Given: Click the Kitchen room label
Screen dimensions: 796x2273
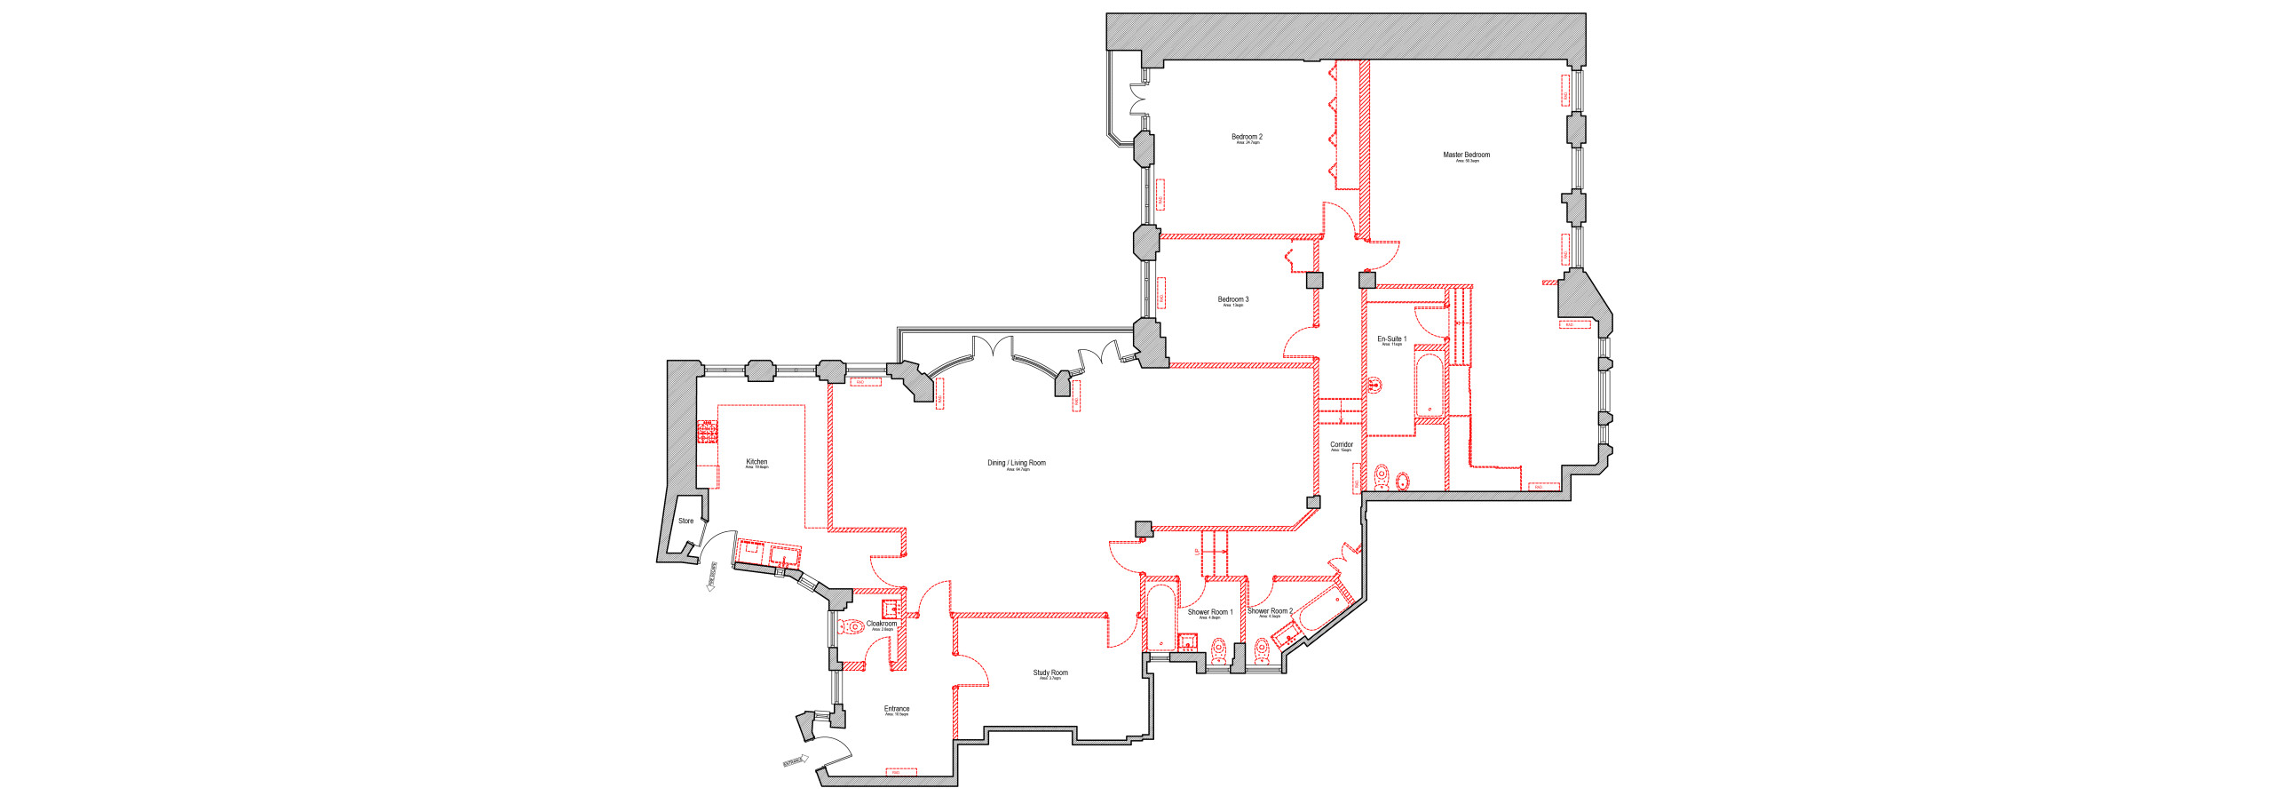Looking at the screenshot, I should pos(756,462).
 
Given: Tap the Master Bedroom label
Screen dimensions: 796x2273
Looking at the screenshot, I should pos(1466,155).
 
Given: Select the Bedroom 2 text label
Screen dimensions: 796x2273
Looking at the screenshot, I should pos(1247,138).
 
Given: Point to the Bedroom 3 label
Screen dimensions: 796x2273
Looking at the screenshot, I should pos(1232,300).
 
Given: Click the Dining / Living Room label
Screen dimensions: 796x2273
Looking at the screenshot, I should pos(1016,463).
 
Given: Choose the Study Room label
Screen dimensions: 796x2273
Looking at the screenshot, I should pos(1050,673).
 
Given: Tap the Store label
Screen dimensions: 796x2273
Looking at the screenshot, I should pos(685,521).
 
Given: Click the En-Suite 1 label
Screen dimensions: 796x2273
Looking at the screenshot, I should pos(1391,339).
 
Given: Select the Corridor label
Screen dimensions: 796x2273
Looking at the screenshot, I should pos(1341,445).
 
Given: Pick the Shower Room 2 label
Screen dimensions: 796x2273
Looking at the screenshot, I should pos(1270,611).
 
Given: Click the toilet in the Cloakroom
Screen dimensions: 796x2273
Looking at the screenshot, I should pos(852,627).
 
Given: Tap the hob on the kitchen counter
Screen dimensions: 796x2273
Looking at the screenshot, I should pos(708,432).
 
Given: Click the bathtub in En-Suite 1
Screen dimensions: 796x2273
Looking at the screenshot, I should pos(1429,386).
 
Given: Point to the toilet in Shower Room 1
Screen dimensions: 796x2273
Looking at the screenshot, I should pos(1219,654).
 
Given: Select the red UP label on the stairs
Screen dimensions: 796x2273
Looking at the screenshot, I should pos(1197,552).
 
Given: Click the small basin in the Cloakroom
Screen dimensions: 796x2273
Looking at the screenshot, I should pos(890,609).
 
